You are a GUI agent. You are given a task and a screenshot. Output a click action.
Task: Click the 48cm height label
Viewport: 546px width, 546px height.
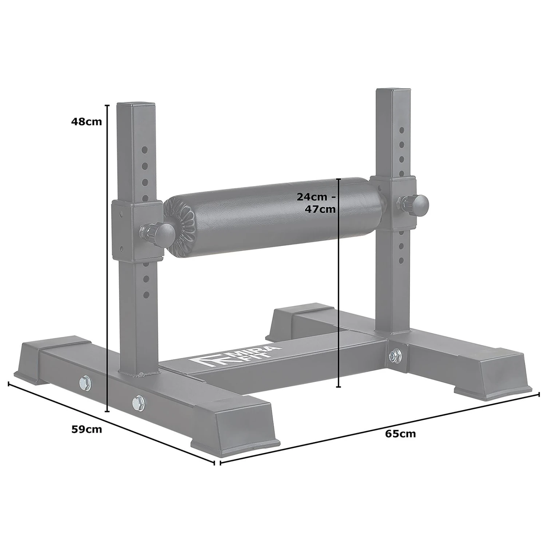pyautogui.click(x=87, y=122)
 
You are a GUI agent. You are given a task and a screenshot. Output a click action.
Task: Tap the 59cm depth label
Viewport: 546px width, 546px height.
pyautogui.click(x=87, y=429)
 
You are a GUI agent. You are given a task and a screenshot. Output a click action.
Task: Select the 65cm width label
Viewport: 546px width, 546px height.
pyautogui.click(x=400, y=434)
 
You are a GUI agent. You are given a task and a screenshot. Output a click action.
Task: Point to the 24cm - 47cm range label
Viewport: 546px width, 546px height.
pyautogui.click(x=316, y=203)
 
